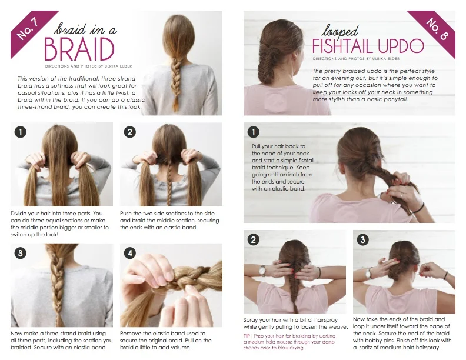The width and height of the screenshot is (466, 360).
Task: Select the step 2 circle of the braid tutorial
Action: (130, 132)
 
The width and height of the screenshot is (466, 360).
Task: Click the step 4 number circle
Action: (130, 254)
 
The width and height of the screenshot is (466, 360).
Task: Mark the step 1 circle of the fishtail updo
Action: (254, 131)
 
